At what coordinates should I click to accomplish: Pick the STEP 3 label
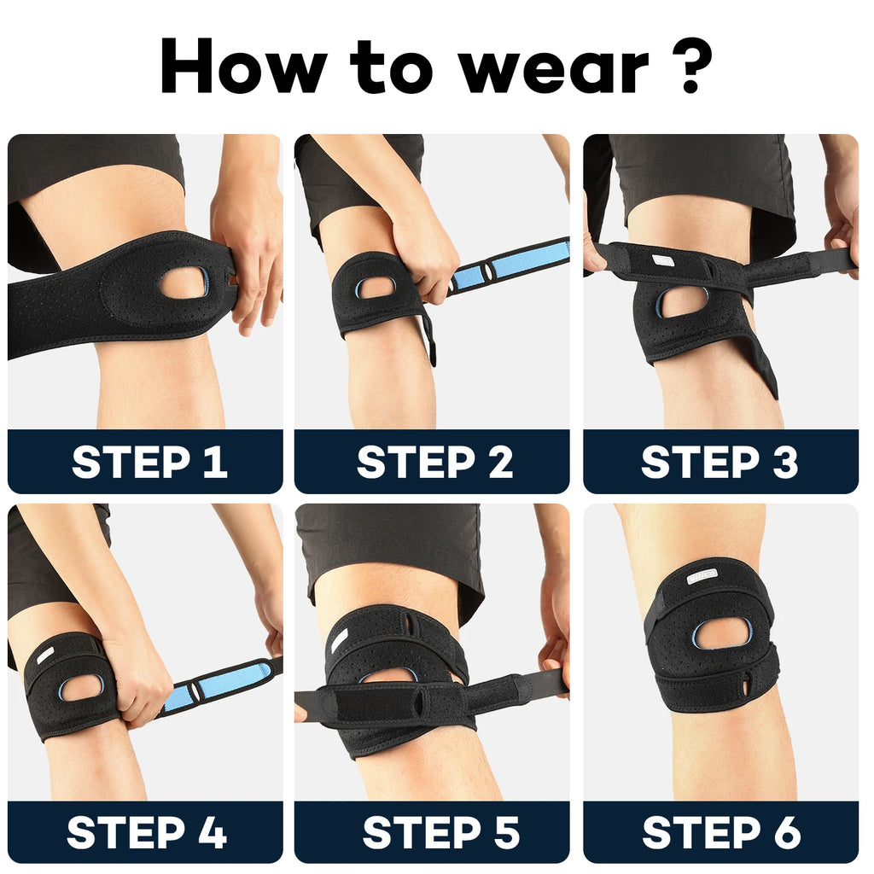(x=720, y=462)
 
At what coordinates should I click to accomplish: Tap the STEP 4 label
(x=147, y=832)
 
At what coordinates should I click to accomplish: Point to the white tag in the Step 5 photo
(x=340, y=638)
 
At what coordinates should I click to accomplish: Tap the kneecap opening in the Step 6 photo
(x=722, y=633)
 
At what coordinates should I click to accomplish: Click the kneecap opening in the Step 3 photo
(x=682, y=301)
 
